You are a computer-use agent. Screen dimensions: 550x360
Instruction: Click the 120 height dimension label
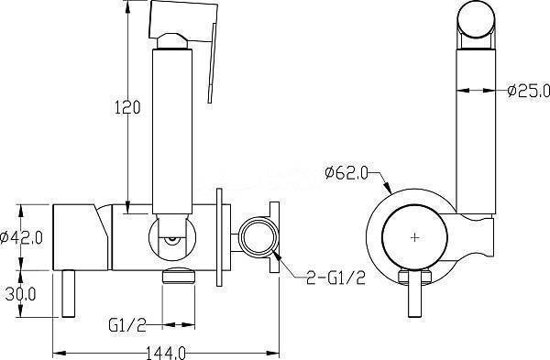coord(127,107)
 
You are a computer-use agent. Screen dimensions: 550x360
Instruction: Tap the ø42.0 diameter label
coord(21,237)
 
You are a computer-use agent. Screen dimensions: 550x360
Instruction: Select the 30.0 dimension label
coord(20,294)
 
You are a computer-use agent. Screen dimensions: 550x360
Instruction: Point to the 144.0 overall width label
coord(165,353)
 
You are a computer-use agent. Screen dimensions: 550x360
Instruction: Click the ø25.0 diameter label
coord(529,91)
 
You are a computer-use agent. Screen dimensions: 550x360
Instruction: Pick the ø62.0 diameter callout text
coord(346,173)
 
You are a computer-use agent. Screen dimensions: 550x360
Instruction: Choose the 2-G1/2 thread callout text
coord(335,278)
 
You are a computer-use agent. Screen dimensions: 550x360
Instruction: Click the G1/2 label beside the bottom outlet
coord(127,325)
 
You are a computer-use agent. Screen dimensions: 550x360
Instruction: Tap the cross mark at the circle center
coord(414,237)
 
